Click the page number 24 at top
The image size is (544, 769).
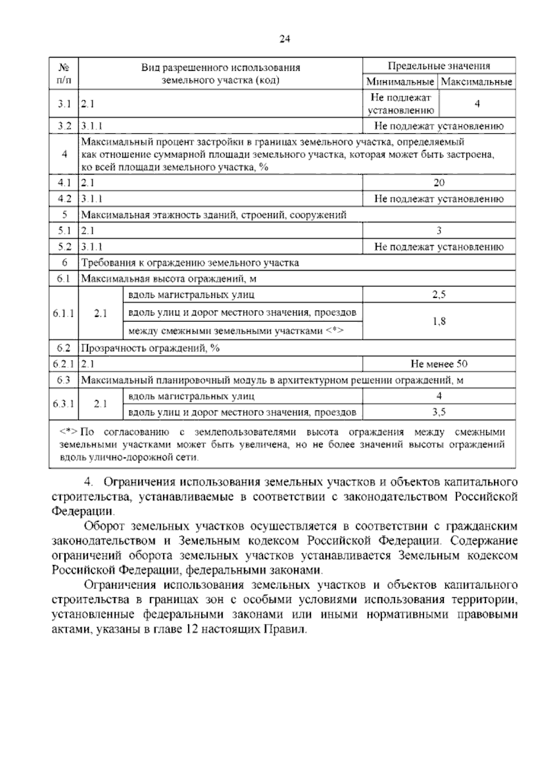point(284,39)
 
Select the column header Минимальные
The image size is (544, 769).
point(400,82)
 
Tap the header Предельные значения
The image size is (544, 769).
point(438,66)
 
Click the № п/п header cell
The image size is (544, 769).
point(64,73)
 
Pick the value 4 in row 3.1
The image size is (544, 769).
point(477,104)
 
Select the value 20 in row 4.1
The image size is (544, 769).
point(439,183)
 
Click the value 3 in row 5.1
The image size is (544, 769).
point(439,231)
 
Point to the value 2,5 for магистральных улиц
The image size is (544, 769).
point(439,295)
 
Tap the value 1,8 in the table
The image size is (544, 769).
point(439,321)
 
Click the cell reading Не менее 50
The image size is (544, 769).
point(439,364)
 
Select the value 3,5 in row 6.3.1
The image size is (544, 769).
point(439,412)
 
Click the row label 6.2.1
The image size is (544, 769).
point(64,364)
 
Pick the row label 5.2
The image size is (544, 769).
point(64,247)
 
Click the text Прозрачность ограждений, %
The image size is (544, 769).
point(150,348)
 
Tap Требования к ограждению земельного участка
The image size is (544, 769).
point(190,263)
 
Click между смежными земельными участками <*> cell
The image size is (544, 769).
point(236,331)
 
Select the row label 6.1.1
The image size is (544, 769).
point(64,313)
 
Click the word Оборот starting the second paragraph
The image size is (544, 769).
point(104,526)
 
